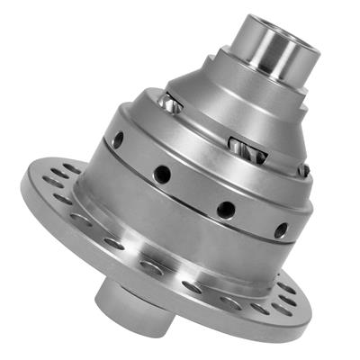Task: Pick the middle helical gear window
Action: pos(238,144)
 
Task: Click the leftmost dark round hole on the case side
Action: pos(118,139)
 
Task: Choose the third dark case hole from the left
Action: pos(226,209)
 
